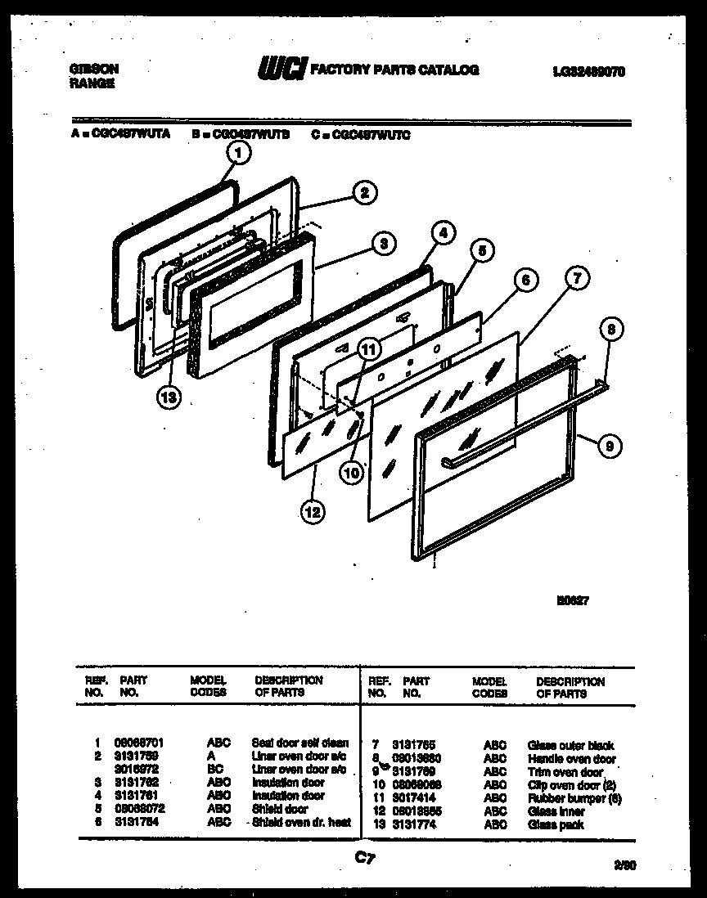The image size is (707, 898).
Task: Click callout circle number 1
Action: coord(237,152)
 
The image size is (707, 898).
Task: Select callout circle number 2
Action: coord(364,193)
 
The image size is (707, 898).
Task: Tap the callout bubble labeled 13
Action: coord(169,396)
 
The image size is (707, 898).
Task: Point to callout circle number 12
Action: coord(311,513)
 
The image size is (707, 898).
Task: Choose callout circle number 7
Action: coord(576,279)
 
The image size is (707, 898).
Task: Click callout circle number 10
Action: coord(352,473)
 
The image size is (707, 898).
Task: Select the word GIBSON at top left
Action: coord(93,70)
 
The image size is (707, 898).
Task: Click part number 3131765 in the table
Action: coord(411,746)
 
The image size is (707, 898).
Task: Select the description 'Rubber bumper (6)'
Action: coord(574,798)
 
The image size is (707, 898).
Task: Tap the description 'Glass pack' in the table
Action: coord(556,824)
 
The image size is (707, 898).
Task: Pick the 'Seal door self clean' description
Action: coord(299,743)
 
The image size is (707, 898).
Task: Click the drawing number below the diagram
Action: coord(573,599)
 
